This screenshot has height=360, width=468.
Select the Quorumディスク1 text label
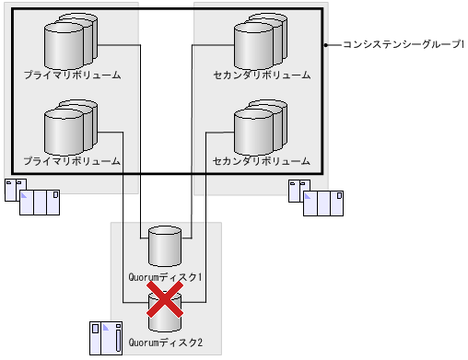tap(166, 276)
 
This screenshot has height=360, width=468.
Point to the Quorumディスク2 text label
tap(166, 343)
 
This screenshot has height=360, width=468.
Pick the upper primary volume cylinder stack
tap(70, 41)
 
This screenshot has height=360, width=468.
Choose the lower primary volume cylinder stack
tap(70, 130)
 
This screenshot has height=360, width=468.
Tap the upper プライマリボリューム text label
tap(72, 74)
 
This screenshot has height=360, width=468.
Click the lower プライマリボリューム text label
tap(72, 161)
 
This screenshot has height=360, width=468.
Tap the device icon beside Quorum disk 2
tap(105, 337)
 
